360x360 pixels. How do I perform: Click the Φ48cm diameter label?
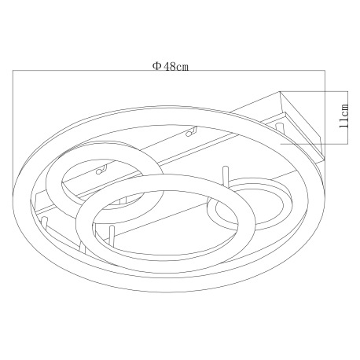(x=171, y=67)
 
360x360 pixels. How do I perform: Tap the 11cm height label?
(x=343, y=116)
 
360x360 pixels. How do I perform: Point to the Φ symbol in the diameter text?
(x=157, y=66)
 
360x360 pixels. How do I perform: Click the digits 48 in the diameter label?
(x=170, y=67)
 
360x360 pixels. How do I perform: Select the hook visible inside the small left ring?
(x=101, y=170)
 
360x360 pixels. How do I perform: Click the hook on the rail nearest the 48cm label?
(x=191, y=132)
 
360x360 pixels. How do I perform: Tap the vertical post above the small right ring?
(x=226, y=176)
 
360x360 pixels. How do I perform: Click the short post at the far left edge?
(x=44, y=222)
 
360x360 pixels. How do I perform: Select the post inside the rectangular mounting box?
(x=279, y=129)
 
